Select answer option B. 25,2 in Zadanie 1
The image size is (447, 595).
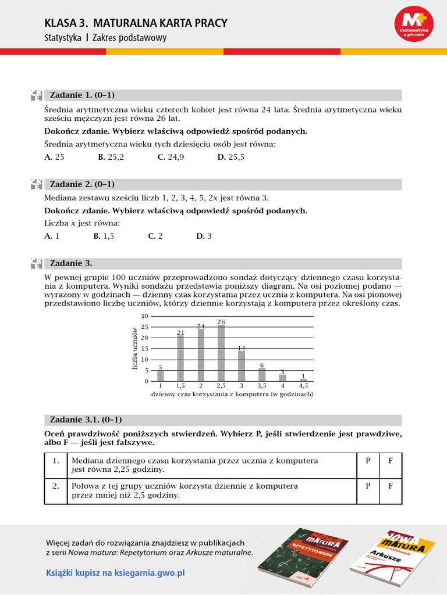tap(111, 157)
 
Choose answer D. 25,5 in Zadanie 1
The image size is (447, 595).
tap(230, 157)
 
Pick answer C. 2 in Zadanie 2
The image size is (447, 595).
tap(155, 236)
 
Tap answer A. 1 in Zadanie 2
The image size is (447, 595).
tap(52, 236)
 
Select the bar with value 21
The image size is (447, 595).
tap(180, 359)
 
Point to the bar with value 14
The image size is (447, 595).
tap(242, 366)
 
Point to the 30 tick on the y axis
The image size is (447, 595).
tap(145, 316)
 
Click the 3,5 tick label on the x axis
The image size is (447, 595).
tap(262, 385)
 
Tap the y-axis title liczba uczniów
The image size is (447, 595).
tap(134, 349)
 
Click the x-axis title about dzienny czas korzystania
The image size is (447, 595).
tap(232, 394)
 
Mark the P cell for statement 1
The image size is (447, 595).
tap(368, 461)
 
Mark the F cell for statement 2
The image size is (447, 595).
tap(391, 486)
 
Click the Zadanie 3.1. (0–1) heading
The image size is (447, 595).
tap(86, 420)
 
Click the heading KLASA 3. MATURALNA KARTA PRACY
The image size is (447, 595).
tap(136, 23)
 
